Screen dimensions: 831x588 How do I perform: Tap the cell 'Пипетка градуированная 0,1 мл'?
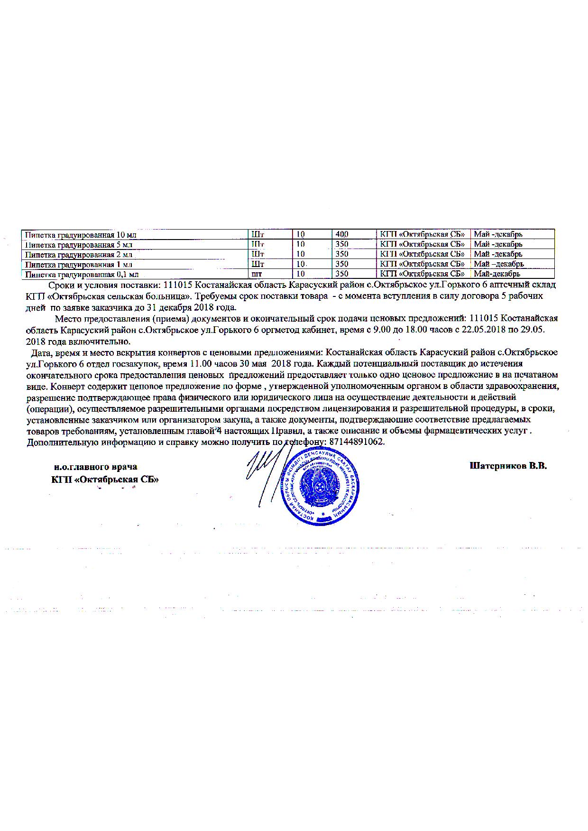(x=82, y=274)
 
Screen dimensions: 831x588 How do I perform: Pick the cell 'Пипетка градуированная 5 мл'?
(x=79, y=245)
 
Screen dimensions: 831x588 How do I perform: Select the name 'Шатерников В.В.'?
(x=508, y=466)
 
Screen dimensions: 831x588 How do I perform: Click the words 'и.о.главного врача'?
(x=95, y=467)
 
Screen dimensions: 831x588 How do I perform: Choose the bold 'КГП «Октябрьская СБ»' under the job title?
(x=105, y=479)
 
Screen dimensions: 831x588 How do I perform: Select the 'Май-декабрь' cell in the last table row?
(x=497, y=274)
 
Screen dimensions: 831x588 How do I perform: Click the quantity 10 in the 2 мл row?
(x=301, y=254)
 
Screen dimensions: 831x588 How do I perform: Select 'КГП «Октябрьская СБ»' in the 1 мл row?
(x=422, y=264)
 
